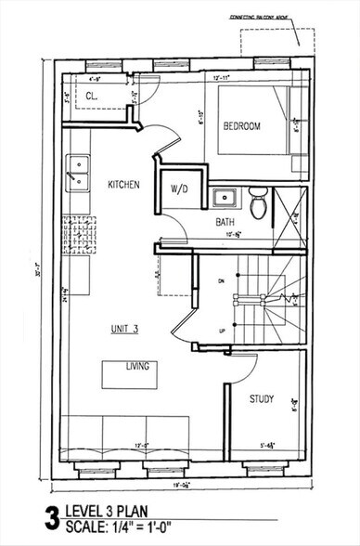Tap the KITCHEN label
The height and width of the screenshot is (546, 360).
click(x=122, y=185)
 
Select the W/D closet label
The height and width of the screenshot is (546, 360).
click(x=179, y=188)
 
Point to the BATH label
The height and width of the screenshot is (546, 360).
click(x=225, y=222)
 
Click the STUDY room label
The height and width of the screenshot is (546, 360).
click(x=262, y=399)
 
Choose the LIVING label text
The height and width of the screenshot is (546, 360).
click(x=137, y=367)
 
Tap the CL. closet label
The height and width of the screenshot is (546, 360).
click(x=93, y=96)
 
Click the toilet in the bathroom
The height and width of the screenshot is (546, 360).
click(x=259, y=200)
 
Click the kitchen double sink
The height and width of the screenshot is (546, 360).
click(x=78, y=173)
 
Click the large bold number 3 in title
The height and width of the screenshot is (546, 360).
click(x=50, y=518)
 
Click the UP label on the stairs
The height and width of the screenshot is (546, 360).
click(x=219, y=330)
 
